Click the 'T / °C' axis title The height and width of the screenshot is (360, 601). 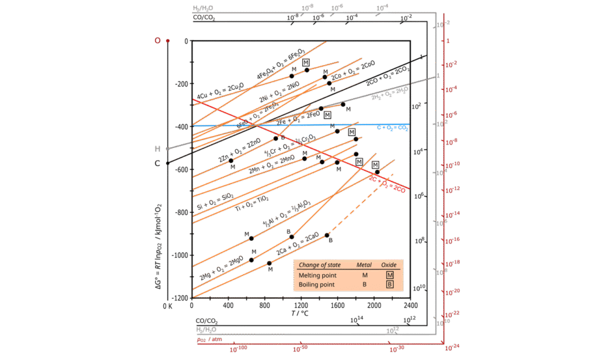tap(300, 313)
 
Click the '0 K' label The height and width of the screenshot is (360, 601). tap(167, 305)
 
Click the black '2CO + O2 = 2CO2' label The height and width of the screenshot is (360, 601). tap(387, 76)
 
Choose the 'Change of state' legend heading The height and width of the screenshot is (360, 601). tap(319, 265)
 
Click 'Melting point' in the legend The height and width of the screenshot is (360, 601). tap(317, 275)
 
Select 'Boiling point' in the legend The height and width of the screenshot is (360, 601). tap(317, 284)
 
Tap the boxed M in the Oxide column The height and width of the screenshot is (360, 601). tap(389, 275)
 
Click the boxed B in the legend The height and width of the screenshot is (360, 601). tap(389, 284)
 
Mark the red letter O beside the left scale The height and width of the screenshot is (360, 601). tap(157, 40)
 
